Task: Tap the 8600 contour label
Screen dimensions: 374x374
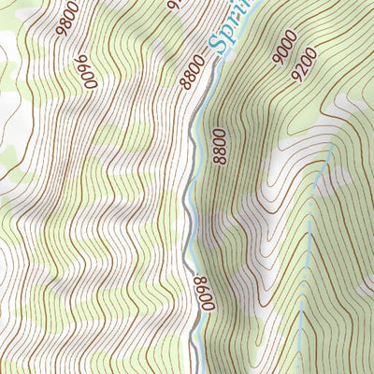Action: pos(199,295)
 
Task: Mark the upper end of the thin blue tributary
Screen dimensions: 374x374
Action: pos(332,147)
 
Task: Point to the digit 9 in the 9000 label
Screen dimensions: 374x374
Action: pos(278,59)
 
